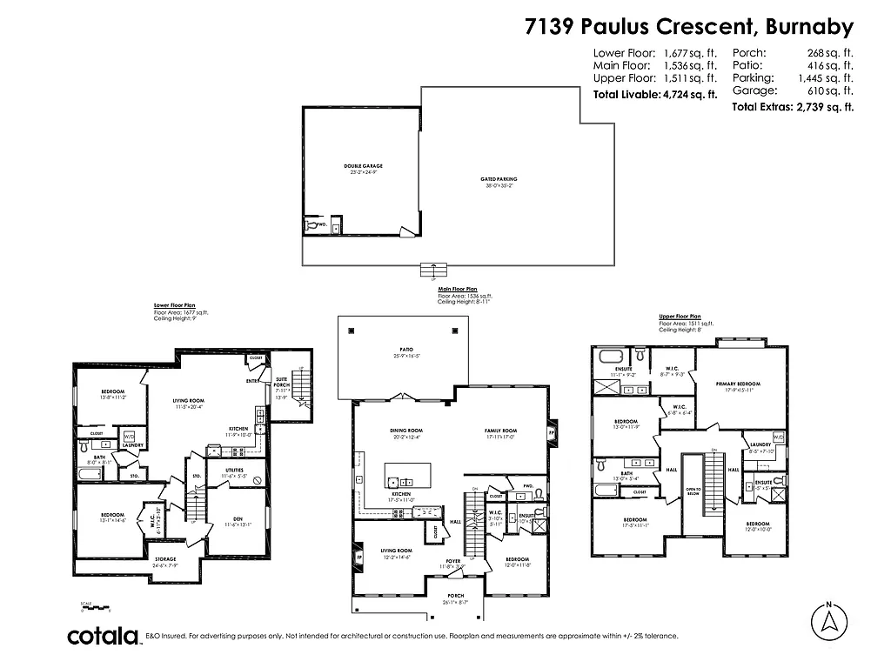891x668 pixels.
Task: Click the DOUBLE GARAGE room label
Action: point(363,165)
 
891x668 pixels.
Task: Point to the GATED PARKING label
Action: point(499,179)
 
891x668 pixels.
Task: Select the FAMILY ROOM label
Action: point(500,431)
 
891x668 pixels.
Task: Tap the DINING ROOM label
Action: point(406,431)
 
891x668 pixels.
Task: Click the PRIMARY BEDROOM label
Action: point(738,384)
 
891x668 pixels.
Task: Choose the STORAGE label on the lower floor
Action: point(165,558)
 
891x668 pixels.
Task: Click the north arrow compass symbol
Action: point(829,620)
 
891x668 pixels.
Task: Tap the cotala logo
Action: point(104,636)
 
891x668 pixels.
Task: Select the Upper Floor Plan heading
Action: point(680,317)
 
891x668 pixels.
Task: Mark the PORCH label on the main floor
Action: point(456,596)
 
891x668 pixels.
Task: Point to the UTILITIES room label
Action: point(235,470)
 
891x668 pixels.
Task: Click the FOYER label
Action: point(453,560)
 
